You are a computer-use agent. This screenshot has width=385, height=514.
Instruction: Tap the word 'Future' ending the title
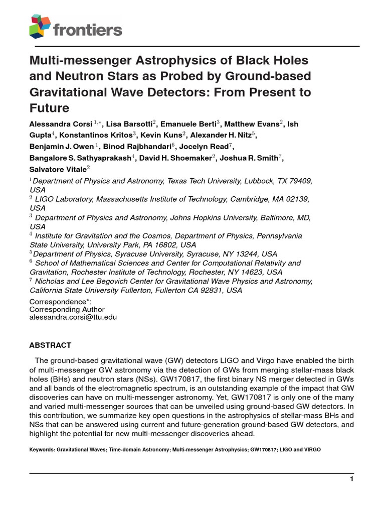point(49,108)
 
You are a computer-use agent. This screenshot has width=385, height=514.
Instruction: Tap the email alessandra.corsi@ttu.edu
point(73,317)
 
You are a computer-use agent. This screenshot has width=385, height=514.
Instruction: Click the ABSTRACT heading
point(50,345)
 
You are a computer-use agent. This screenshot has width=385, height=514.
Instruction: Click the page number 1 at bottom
point(352,479)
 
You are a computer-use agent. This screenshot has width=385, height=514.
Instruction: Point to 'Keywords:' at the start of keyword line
point(42,450)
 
